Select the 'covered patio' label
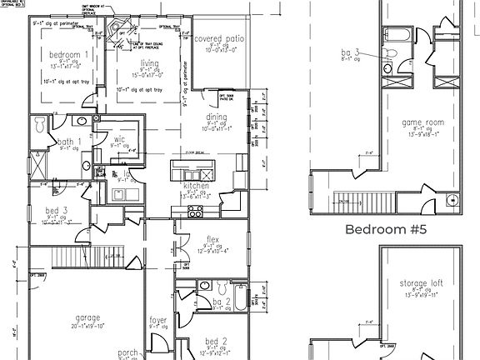[x=219, y=40]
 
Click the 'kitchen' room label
[x=197, y=186]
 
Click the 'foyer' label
[x=158, y=318]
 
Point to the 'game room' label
[x=422, y=122]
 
